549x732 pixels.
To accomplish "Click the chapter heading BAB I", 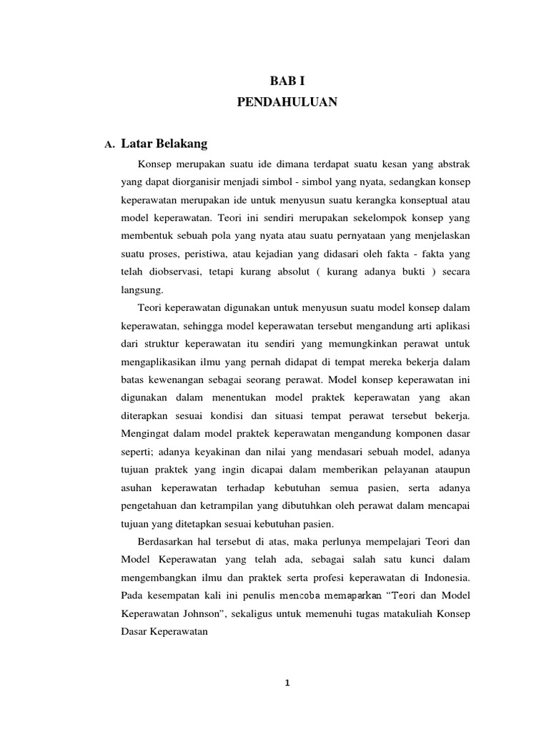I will (x=287, y=82).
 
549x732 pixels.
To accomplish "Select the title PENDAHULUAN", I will (x=287, y=103).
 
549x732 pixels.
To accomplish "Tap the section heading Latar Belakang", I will (x=164, y=144).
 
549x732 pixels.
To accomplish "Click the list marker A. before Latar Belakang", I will (x=109, y=145).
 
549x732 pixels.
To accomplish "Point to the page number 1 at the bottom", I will (x=287, y=683).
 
